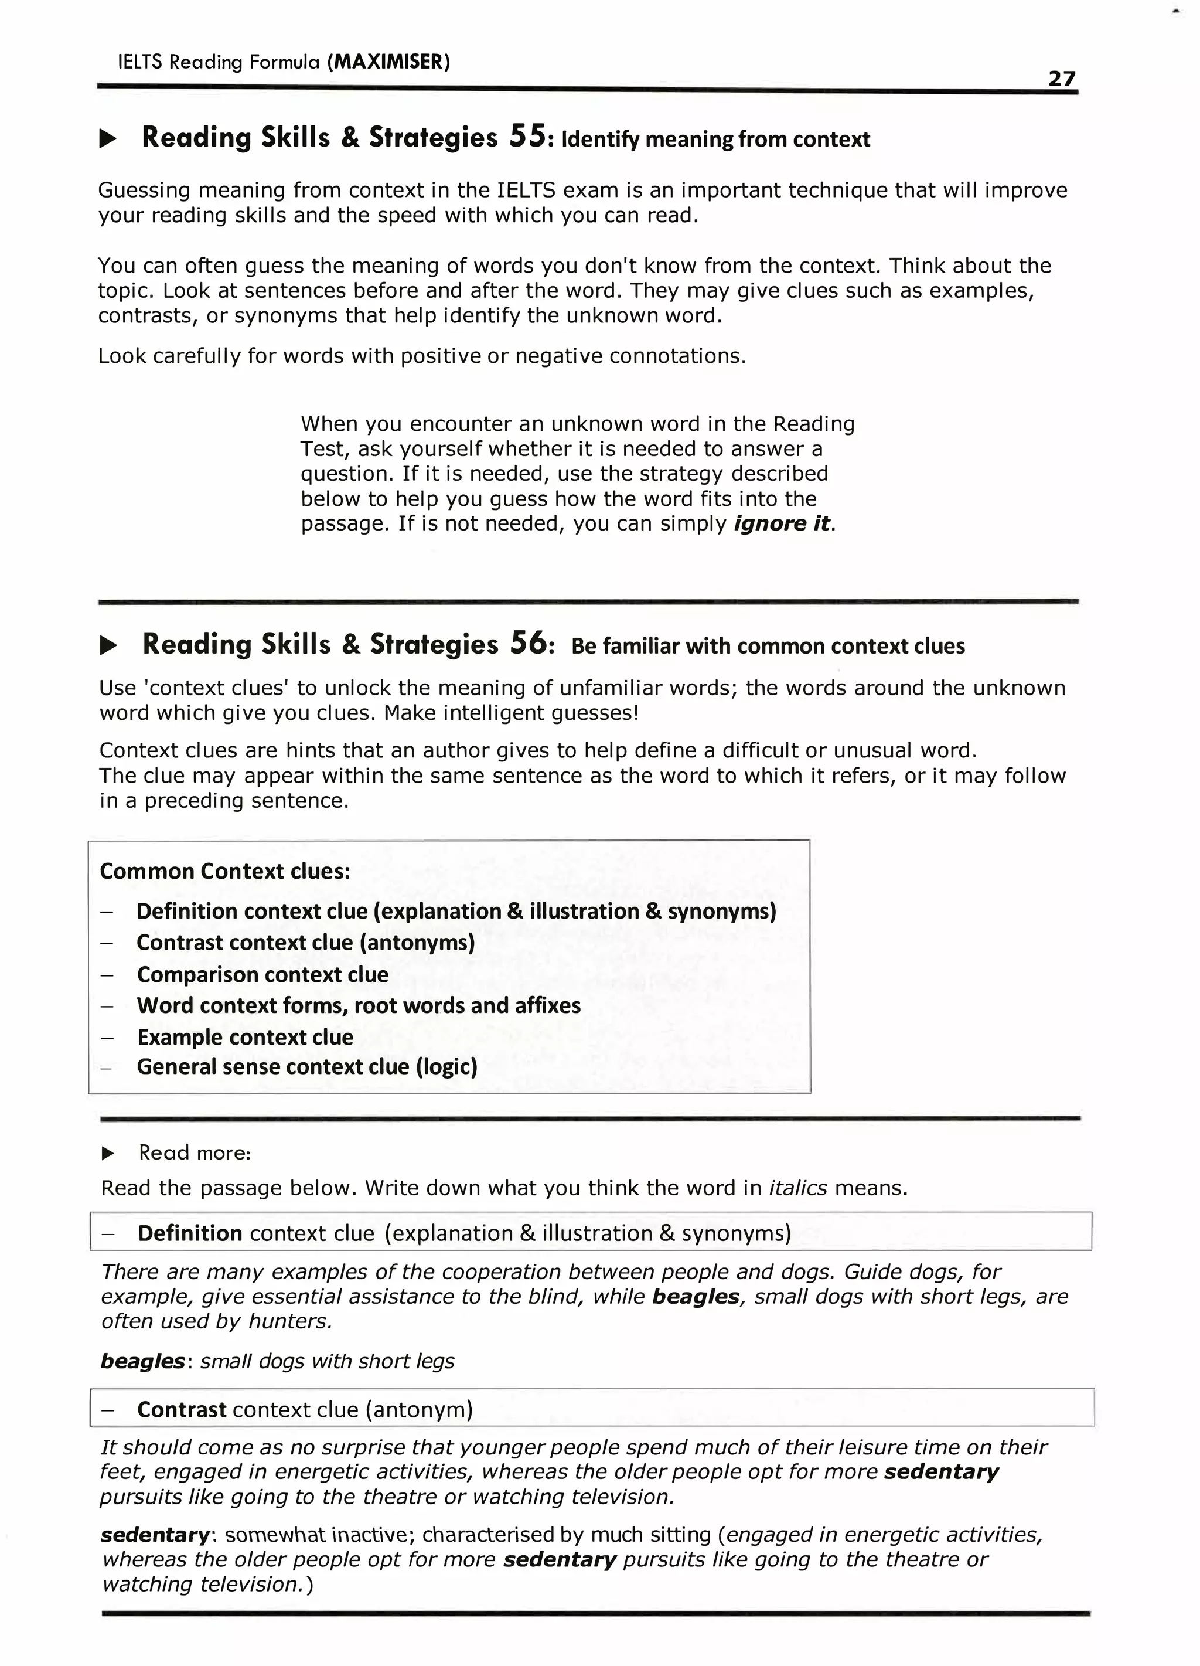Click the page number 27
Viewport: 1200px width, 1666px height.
click(x=1061, y=78)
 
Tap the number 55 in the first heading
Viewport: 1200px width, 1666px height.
click(x=527, y=137)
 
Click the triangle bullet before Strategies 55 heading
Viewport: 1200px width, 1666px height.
click(x=108, y=139)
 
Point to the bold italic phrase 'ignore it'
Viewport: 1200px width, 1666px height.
click(x=782, y=523)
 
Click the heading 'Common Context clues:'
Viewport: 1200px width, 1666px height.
click(x=225, y=871)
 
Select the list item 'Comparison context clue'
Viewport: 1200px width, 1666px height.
click(x=262, y=975)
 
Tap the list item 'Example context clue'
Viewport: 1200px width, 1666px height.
click(x=244, y=1037)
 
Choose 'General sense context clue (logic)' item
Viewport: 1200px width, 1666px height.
click(x=306, y=1066)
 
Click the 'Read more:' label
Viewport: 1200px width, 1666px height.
click(x=195, y=1152)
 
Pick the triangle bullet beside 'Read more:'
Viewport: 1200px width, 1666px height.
click(x=108, y=1153)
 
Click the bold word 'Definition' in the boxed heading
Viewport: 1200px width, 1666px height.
click(x=189, y=1233)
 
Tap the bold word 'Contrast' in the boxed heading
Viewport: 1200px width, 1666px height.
click(x=182, y=1410)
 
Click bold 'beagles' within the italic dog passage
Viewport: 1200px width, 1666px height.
click(x=695, y=1297)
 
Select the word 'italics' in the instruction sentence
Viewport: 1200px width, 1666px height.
click(x=797, y=1188)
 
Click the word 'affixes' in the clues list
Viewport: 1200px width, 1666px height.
click(x=547, y=1005)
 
